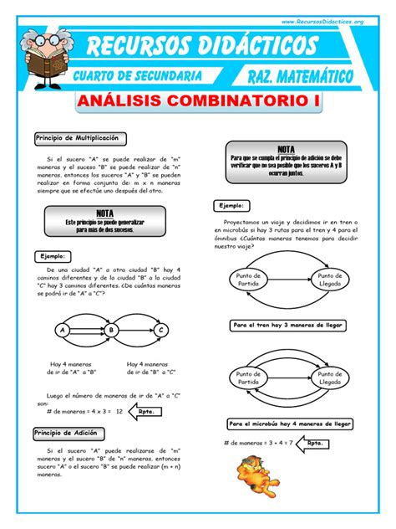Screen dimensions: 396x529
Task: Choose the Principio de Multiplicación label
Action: point(76,137)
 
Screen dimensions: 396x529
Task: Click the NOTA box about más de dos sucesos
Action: point(105,220)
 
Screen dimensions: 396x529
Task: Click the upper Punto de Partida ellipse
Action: point(248,280)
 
